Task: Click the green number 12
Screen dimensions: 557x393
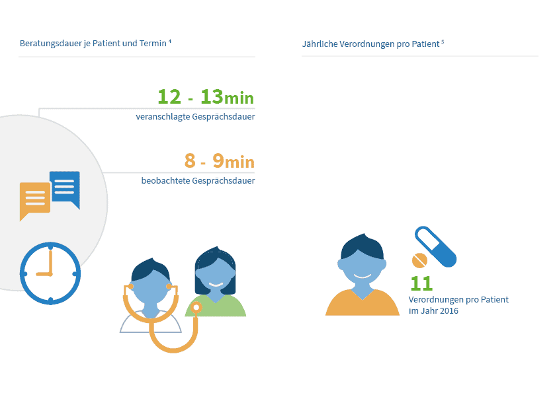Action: (x=169, y=97)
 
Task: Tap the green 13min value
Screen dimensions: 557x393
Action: (x=228, y=97)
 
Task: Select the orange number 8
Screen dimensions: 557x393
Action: (x=190, y=161)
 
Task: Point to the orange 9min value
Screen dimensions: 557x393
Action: (x=234, y=161)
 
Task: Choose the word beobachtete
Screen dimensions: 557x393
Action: (x=165, y=180)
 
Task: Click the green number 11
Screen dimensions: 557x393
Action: (x=421, y=284)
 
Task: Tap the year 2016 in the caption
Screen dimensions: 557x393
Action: (x=449, y=311)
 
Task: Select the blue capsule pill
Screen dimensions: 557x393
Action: (x=435, y=246)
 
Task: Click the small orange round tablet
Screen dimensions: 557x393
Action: (x=419, y=260)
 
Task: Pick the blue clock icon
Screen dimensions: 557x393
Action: (x=50, y=273)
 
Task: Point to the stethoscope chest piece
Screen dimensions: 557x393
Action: (x=196, y=307)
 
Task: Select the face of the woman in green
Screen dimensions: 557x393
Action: (x=216, y=277)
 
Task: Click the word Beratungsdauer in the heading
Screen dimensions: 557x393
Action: (x=51, y=44)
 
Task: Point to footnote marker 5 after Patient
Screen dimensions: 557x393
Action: (x=443, y=42)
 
